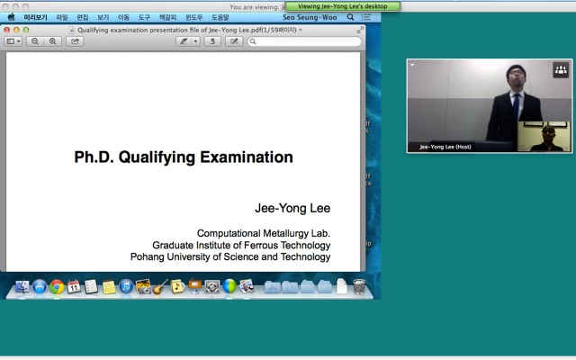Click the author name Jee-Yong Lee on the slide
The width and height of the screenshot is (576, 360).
(292, 208)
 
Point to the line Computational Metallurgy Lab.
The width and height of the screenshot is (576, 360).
(264, 233)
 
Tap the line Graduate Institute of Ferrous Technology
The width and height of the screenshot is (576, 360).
(241, 245)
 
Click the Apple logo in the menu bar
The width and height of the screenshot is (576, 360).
(12, 17)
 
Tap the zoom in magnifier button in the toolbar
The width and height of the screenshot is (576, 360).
(53, 41)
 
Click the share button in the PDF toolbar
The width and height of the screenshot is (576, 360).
(76, 41)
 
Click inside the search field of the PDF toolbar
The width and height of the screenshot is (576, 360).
(306, 41)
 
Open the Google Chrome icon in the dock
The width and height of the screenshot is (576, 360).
(57, 287)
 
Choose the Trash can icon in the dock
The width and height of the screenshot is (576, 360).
(359, 287)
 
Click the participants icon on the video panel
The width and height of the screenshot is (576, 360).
(560, 69)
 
